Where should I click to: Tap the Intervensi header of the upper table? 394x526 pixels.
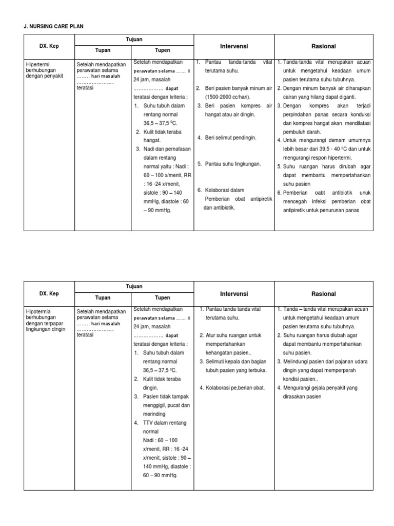pos(233,46)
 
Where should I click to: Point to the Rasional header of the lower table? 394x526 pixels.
pos(323,294)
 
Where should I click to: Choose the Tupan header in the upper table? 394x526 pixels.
pos(103,50)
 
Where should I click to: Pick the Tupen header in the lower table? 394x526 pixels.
pos(163,297)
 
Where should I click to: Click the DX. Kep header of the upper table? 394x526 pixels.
pos(49,46)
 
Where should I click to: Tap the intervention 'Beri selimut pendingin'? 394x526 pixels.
pos(230,138)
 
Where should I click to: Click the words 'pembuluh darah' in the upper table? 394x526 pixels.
pos(302,131)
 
